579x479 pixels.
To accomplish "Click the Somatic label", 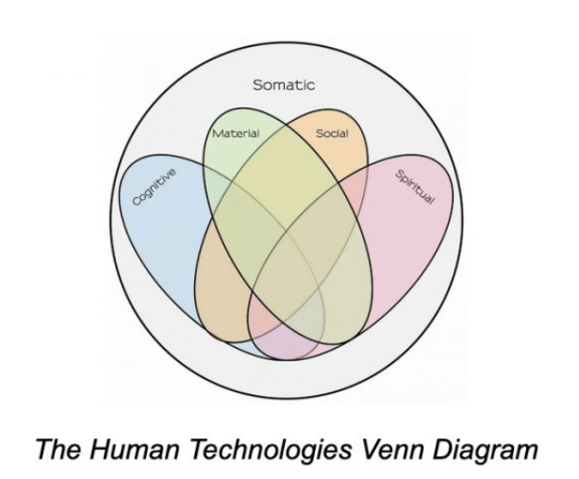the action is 284,85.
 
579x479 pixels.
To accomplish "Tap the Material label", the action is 236,133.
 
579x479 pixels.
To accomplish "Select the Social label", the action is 332,133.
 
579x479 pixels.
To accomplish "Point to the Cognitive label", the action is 155,187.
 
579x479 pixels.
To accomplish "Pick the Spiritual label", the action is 415,187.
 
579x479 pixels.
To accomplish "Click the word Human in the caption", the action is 134,449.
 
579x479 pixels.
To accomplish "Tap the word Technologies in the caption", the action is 272,450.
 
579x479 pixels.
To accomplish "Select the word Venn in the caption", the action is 393,449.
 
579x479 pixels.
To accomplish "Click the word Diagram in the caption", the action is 486,450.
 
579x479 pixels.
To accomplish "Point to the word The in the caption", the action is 58,449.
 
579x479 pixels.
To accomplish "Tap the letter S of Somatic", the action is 257,85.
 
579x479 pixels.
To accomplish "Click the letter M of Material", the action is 217,133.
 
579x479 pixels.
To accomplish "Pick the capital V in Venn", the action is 372,449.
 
